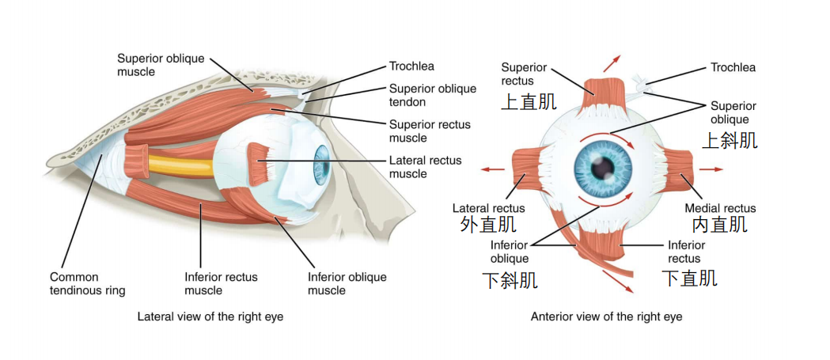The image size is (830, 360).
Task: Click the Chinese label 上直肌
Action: (529, 101)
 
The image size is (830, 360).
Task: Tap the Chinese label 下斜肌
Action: (510, 280)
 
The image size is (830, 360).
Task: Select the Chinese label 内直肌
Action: (720, 225)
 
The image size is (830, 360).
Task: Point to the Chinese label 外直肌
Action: (488, 225)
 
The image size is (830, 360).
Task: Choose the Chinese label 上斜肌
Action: (730, 140)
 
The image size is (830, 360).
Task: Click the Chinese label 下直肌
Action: (690, 278)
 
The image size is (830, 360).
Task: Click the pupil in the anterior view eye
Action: (602, 169)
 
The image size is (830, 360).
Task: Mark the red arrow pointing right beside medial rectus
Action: (711, 169)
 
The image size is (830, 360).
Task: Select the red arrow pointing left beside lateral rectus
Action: (492, 169)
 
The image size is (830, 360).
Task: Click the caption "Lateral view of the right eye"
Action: (210, 317)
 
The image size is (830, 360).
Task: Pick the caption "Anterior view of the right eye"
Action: (607, 317)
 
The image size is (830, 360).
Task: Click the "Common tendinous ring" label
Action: (87, 284)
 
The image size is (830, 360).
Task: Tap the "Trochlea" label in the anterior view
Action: (733, 67)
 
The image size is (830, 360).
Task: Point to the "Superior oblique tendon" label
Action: (433, 95)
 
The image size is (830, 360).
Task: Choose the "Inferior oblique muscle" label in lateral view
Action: (347, 284)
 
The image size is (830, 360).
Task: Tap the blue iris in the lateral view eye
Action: (321, 165)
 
